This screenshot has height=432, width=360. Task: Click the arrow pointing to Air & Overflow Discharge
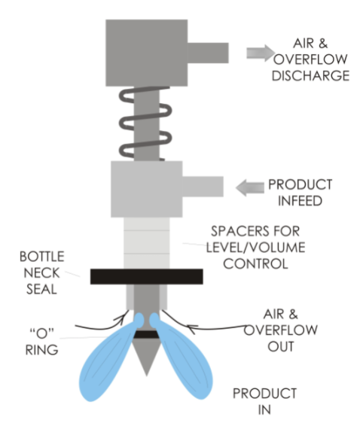tap(261, 53)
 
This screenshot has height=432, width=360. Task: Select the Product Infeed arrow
tap(250, 187)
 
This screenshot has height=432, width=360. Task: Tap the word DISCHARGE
tap(310, 76)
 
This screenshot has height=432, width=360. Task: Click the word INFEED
tap(300, 201)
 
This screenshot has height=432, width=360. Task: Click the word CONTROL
tap(255, 264)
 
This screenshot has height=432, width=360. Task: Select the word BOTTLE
tap(42, 257)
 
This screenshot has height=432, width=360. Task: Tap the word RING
tap(42, 350)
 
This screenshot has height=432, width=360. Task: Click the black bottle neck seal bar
tap(147, 277)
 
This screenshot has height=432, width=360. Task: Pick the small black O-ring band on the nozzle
tap(147, 334)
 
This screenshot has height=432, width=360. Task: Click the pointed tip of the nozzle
tap(147, 376)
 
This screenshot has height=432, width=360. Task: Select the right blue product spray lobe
tap(184, 358)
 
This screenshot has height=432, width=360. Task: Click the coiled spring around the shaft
tap(145, 123)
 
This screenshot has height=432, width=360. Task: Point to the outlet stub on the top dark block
tap(208, 53)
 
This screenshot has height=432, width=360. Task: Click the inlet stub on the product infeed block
tap(203, 187)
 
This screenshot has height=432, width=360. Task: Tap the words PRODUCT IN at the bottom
tap(264, 401)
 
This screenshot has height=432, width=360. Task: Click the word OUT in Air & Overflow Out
tap(281, 347)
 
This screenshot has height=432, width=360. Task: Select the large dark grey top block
tap(147, 53)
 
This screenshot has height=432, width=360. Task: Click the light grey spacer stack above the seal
tap(147, 243)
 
